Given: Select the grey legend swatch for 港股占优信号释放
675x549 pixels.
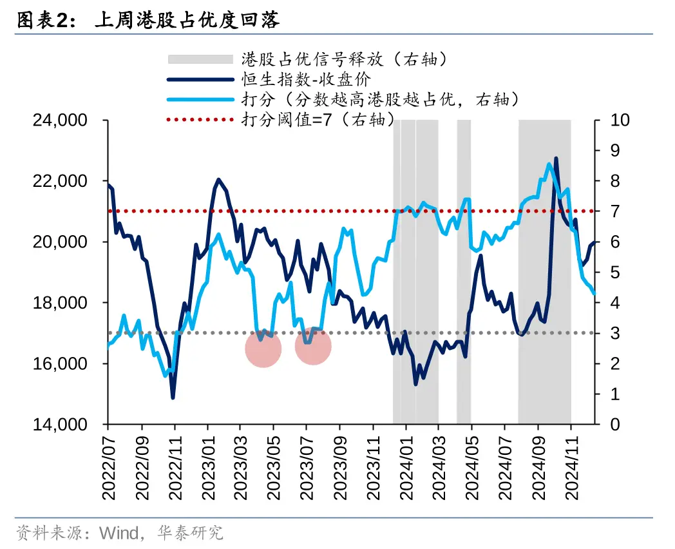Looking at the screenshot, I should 200,59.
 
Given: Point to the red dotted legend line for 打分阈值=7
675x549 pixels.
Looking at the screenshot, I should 200,120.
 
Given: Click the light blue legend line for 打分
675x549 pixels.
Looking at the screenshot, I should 200,100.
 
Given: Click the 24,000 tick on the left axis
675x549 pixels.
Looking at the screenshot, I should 60,120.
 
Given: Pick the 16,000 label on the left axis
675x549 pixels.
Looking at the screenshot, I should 60,363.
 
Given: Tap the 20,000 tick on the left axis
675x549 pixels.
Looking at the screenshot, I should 60,242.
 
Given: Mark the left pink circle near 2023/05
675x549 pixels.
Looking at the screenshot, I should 263,349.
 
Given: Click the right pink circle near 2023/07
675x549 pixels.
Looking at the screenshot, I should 314,346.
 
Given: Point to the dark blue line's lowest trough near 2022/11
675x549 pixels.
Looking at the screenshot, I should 173,397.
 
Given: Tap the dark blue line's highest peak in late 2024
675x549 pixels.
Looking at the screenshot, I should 556,159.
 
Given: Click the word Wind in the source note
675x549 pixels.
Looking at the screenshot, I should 119,534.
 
